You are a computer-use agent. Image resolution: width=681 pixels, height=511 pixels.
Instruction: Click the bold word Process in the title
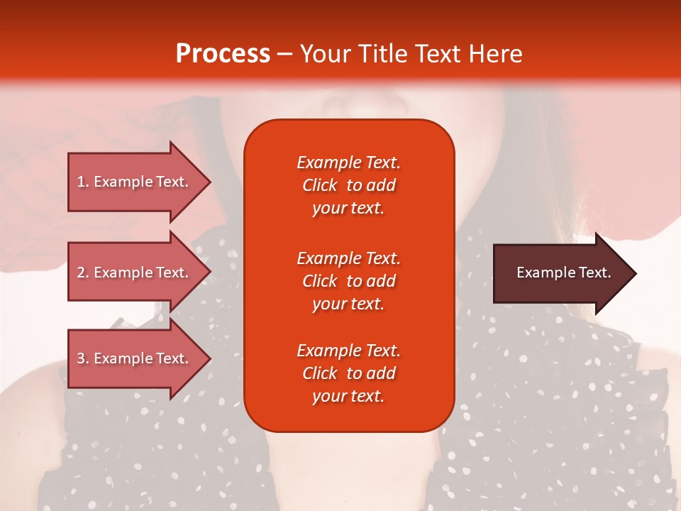(x=223, y=54)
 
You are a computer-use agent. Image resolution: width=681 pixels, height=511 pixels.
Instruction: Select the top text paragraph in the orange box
(x=348, y=185)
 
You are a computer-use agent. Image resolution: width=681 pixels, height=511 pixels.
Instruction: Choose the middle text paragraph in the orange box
(x=348, y=281)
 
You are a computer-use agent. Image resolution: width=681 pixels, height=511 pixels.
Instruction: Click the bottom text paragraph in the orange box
(x=348, y=373)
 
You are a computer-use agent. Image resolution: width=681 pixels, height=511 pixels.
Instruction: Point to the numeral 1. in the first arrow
(x=83, y=182)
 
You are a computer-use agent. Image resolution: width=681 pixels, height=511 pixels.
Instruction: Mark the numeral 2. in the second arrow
(x=83, y=273)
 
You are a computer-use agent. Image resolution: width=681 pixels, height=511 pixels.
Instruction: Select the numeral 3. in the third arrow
(x=83, y=358)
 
